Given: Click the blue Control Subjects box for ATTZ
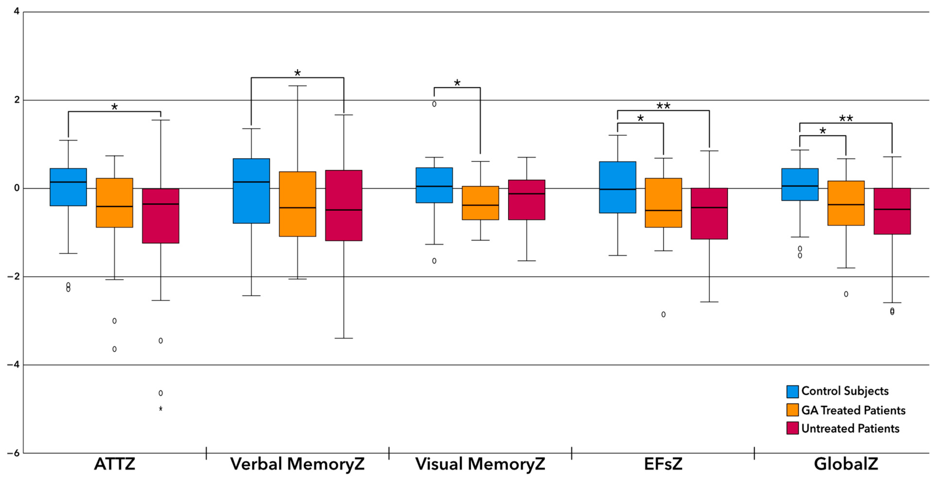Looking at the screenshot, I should (68, 187).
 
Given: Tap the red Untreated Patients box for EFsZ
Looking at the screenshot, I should (709, 214).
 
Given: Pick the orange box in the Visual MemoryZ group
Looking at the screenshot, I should (480, 203).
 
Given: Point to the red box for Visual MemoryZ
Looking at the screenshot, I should (527, 200).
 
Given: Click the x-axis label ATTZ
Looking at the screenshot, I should (114, 464).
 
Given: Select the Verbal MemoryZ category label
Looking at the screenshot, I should (297, 464).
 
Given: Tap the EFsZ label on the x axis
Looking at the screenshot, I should (663, 464).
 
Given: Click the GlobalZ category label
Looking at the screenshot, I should (846, 464).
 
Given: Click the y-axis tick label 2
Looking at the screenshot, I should (17, 100).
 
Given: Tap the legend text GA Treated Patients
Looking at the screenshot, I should (853, 410).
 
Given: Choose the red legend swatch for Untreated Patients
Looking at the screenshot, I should (792, 428).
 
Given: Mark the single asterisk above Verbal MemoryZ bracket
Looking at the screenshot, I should (297, 73).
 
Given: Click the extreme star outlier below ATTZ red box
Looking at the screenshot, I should (161, 409).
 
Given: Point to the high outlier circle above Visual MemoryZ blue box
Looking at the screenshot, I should (434, 104).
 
